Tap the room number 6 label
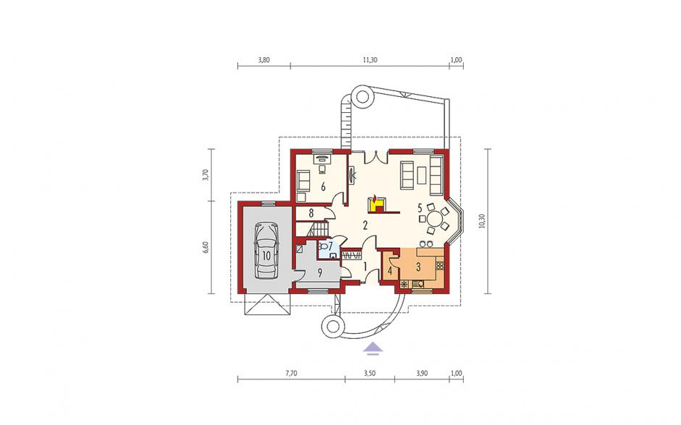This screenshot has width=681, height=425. point(323,187)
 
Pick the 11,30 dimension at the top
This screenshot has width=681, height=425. point(370,60)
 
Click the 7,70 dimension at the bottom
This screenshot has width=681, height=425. point(291,373)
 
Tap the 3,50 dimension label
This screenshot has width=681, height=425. point(369,373)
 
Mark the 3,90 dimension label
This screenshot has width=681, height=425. point(422,373)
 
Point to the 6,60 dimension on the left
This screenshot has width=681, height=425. point(206,248)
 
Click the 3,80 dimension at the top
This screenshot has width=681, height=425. point(264,60)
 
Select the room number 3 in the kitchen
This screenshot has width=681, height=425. point(418,267)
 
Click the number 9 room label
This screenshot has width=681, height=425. point(319,273)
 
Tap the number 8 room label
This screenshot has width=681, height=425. point(311,213)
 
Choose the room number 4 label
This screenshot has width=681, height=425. point(390,272)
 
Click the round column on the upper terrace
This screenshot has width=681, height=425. point(362,96)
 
